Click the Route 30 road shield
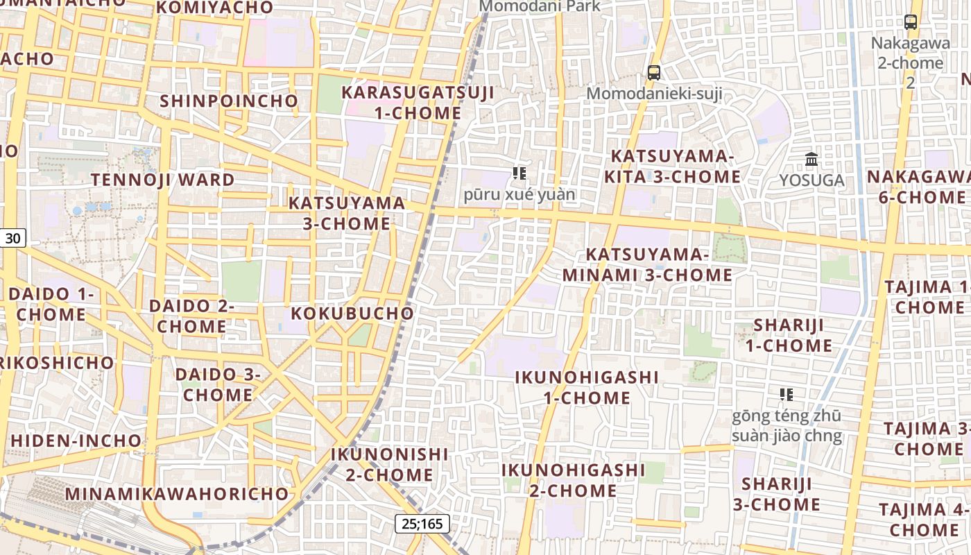coord(12,239)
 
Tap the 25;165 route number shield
coord(422,524)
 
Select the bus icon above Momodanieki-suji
coord(653,72)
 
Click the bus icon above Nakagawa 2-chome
coord(911,22)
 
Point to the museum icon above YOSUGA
coord(811,160)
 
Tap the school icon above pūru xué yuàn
coord(519,173)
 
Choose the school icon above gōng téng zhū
coord(787,395)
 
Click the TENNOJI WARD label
coord(163,180)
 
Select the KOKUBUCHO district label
coord(352,313)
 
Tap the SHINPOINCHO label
coord(229,101)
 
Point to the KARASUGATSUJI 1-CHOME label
coord(418,103)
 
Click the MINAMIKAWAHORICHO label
coord(177,494)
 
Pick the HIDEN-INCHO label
coord(76,441)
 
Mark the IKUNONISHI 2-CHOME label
coord(390,465)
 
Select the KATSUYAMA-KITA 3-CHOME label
coord(672,166)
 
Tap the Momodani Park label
coord(540,6)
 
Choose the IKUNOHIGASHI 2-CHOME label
coord(573,480)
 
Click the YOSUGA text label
coord(811,180)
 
